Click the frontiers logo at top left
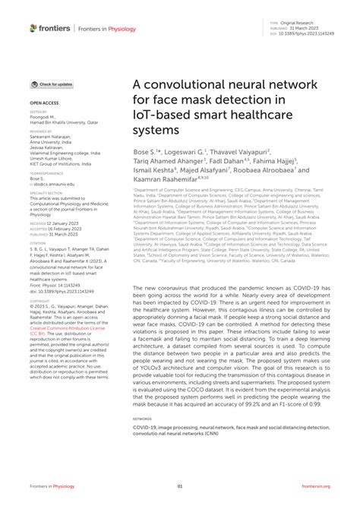(x=50, y=28)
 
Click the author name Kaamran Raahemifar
(x=166, y=180)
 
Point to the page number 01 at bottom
(x=180, y=486)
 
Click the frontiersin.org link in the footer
(x=317, y=486)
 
